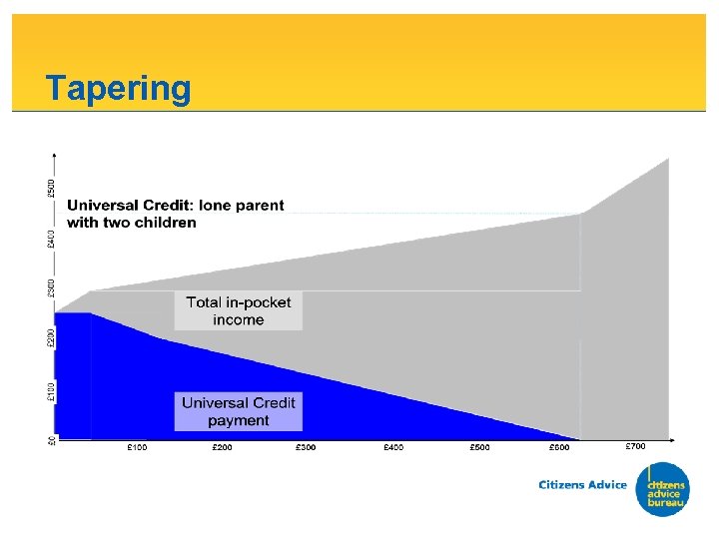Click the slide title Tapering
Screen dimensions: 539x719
(118, 88)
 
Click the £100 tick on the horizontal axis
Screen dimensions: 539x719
(137, 447)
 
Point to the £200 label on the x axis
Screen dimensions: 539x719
(222, 447)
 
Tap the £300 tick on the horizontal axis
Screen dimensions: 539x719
(306, 447)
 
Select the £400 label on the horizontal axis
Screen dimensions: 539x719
(393, 447)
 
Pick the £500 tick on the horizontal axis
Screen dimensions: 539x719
(480, 447)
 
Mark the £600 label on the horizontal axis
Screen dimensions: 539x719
(559, 447)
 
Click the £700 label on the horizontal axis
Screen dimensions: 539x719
(636, 445)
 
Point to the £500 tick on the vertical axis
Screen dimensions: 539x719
(51, 188)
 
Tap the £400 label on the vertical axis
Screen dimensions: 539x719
(51, 239)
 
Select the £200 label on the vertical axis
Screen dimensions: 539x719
(51, 338)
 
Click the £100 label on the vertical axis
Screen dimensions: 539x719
(51, 390)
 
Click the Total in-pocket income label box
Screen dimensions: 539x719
(239, 310)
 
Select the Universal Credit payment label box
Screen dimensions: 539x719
(239, 411)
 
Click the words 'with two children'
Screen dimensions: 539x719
(132, 223)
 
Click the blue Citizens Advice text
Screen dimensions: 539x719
(583, 485)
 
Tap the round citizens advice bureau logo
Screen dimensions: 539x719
(662, 490)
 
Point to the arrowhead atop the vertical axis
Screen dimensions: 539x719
(55, 155)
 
